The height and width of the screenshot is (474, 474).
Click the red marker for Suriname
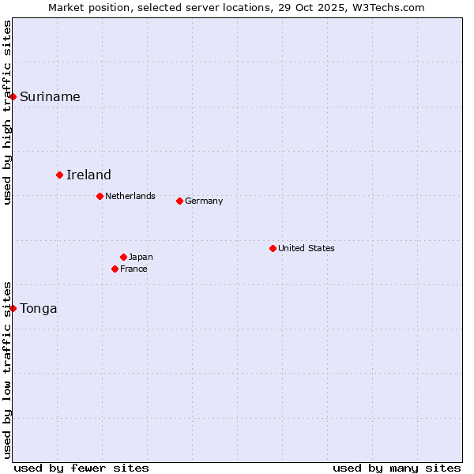pyautogui.click(x=13, y=96)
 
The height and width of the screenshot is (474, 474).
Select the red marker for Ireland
pyautogui.click(x=59, y=175)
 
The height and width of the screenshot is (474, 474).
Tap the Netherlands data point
pyautogui.click(x=100, y=196)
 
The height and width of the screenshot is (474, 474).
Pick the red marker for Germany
pyautogui.click(x=179, y=201)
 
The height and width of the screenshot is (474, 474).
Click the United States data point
pyautogui.click(x=273, y=248)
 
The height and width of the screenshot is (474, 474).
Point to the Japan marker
pyautogui.click(x=123, y=257)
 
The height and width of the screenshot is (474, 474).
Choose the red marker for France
pyautogui.click(x=115, y=269)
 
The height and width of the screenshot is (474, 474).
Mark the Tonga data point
pyautogui.click(x=13, y=308)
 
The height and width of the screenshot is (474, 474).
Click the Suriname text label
pyautogui.click(x=50, y=97)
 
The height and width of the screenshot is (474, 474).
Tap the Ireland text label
pyautogui.click(x=88, y=175)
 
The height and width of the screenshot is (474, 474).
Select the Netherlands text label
pyautogui.click(x=130, y=196)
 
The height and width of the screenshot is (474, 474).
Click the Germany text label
pyautogui.click(x=204, y=201)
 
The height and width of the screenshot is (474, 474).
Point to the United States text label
pyautogui.click(x=307, y=248)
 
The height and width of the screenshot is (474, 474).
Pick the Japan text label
pyautogui.click(x=141, y=257)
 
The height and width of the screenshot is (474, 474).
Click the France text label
pyautogui.click(x=134, y=269)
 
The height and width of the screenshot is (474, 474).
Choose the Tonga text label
pyautogui.click(x=39, y=309)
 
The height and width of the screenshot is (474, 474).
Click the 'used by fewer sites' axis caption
pyautogui.click(x=81, y=468)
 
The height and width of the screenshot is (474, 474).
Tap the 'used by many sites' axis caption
pyautogui.click(x=397, y=468)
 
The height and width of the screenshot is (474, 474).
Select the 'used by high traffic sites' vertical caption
pyautogui.click(x=8, y=112)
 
